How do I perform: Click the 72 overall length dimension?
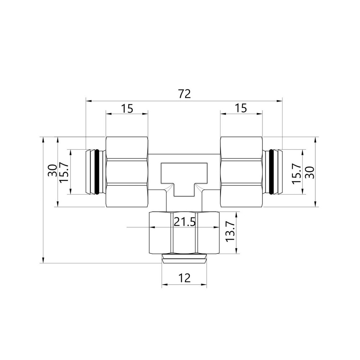click(184, 94)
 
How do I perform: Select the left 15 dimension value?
click(127, 108)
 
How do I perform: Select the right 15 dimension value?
click(241, 108)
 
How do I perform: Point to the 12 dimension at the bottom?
click(184, 278)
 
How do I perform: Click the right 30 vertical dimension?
click(310, 172)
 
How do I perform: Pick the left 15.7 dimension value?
click(64, 172)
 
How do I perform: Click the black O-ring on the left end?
click(96, 172)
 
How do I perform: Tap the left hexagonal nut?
click(127, 172)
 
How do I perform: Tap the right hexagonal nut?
click(241, 172)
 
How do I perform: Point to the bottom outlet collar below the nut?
click(184, 259)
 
